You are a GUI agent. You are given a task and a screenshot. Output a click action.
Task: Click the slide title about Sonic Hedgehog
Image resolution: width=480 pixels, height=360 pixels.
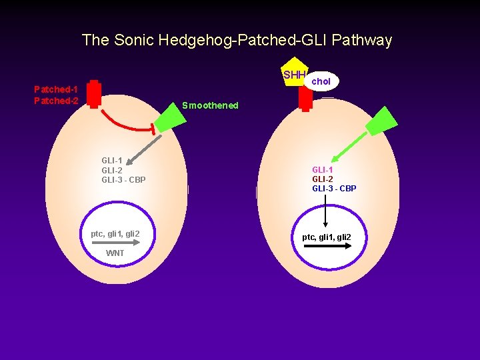tap(237, 40)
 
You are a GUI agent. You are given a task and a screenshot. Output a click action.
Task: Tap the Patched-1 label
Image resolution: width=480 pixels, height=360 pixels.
tap(56, 89)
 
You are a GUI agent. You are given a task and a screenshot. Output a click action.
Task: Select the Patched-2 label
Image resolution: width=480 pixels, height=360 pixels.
tap(56, 101)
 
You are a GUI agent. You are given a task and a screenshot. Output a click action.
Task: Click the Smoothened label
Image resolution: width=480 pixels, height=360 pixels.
tap(210, 105)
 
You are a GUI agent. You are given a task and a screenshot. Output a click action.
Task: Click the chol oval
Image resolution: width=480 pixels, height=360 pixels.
tap(321, 81)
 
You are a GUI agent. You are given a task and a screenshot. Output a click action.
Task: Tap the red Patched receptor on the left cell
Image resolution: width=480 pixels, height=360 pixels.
tap(95, 94)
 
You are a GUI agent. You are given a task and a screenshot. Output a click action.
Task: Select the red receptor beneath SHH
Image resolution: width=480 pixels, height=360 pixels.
tap(305, 98)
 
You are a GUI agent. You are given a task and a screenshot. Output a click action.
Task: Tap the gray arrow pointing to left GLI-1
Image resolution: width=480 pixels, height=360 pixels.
tap(141, 152)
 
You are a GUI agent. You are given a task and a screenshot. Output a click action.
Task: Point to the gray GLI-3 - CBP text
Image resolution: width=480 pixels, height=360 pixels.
tap(123, 180)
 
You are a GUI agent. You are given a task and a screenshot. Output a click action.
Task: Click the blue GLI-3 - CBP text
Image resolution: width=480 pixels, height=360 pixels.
tap(334, 189)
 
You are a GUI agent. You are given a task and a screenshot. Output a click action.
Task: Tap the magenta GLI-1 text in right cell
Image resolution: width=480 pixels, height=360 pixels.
tap(322, 170)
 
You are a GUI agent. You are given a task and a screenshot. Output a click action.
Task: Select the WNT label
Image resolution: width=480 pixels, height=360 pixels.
tap(115, 253)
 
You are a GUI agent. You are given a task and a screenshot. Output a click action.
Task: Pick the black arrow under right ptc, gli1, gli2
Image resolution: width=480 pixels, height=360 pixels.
tap(327, 246)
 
